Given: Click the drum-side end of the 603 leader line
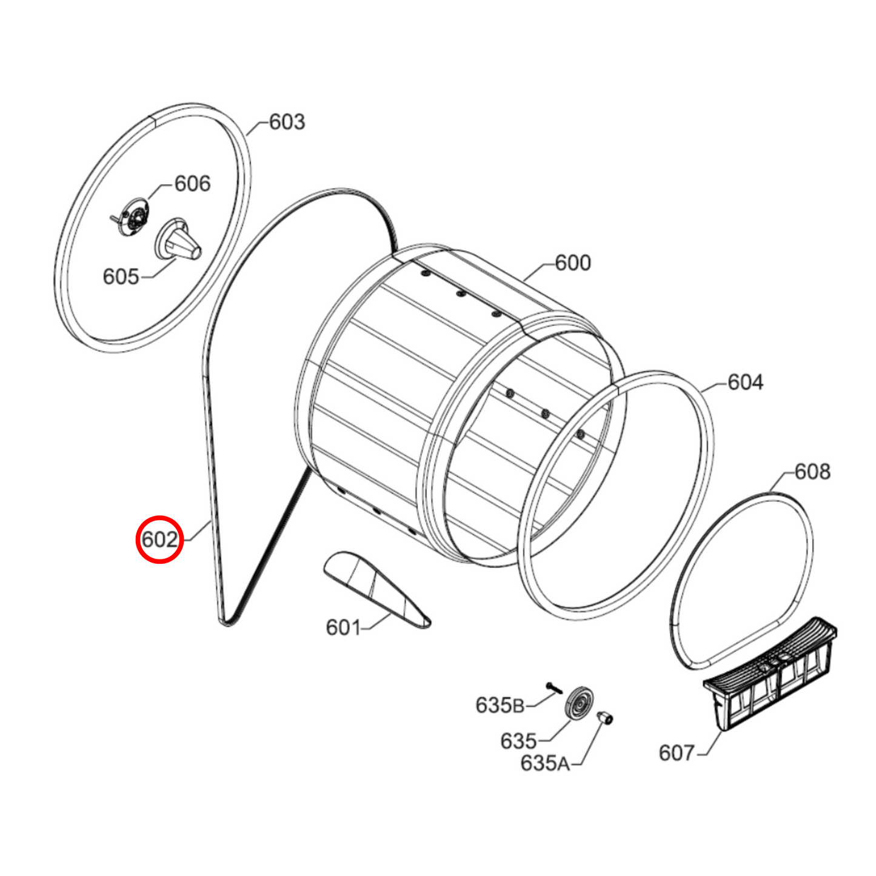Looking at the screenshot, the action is click(247, 135).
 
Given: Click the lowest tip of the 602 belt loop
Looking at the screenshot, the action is click(225, 626).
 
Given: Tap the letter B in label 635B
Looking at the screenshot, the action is click(518, 706).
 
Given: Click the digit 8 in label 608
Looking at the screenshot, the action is click(822, 472).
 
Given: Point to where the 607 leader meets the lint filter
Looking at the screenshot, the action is click(722, 731).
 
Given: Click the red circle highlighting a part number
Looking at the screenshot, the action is click(159, 540).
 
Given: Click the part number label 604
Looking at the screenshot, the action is click(746, 383).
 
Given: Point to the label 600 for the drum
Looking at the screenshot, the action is click(573, 262).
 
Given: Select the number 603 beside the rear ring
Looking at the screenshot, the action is click(287, 122).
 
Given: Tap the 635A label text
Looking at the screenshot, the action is click(545, 763).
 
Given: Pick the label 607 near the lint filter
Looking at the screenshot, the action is click(677, 753).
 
